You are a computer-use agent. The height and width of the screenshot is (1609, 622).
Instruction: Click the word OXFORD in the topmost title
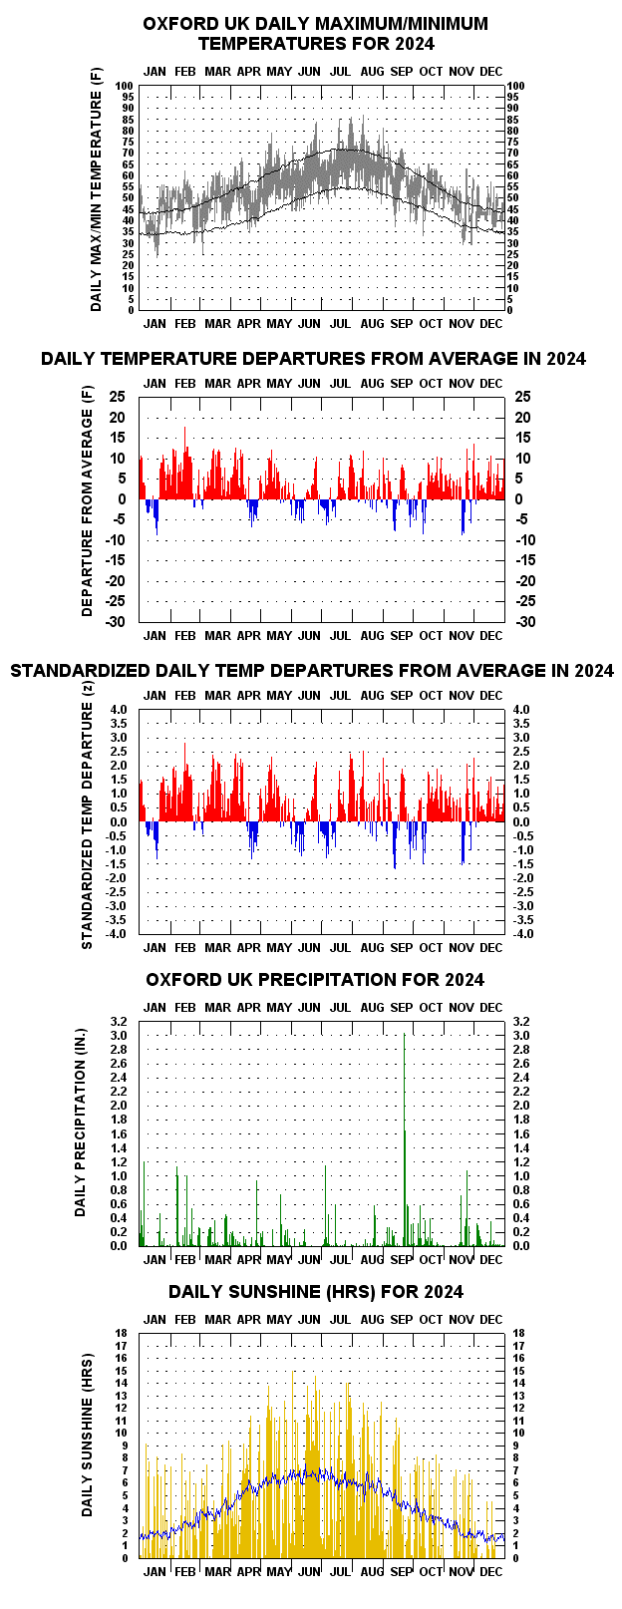pos(176,24)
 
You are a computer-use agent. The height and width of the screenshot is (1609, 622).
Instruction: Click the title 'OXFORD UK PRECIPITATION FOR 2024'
pos(315,980)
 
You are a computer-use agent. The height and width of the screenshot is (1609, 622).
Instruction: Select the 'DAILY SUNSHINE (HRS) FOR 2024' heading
pos(315,1292)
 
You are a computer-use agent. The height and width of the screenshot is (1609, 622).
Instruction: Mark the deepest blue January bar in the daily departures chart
pos(156,517)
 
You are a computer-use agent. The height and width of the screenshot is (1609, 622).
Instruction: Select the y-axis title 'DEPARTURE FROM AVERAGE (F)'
pos(88,501)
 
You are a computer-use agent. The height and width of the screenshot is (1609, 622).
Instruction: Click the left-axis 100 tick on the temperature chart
pos(125,86)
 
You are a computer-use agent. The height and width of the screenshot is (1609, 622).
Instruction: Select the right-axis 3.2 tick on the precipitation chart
pos(521,1022)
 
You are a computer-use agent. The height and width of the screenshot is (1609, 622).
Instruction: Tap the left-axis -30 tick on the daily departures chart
pos(116,621)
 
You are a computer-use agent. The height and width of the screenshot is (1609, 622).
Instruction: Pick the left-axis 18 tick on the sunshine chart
pos(122,1333)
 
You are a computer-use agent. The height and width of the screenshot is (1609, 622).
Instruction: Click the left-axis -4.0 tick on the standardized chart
pos(117,934)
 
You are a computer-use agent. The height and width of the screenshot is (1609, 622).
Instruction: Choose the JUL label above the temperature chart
pos(340,71)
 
